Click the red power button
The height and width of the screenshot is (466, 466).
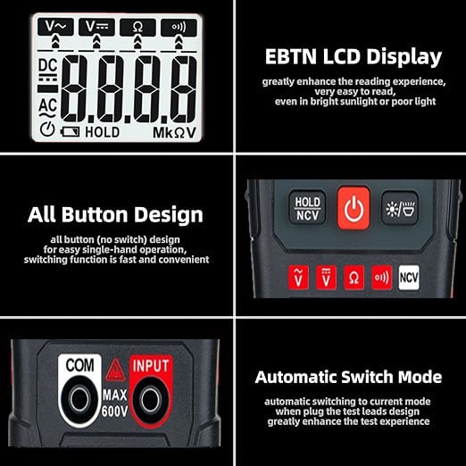pos(354,209)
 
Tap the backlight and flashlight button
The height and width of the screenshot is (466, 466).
pos(399,208)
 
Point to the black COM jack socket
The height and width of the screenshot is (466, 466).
pos(80,397)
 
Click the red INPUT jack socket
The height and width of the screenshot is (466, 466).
pos(150,397)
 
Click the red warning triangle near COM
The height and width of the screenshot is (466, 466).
pos(115,370)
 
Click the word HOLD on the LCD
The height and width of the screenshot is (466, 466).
pos(102,132)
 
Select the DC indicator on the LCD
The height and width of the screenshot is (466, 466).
pos(48,66)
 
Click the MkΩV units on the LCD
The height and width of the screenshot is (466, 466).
pos(175,132)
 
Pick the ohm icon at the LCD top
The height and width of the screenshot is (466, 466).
pos(137,27)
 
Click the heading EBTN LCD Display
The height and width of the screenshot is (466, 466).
pos(354,57)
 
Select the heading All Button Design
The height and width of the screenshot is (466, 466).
pos(115,214)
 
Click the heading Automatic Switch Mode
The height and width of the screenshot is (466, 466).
pos(348,376)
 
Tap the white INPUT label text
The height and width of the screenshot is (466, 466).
pos(150,365)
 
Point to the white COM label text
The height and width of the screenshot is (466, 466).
pos(80,366)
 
